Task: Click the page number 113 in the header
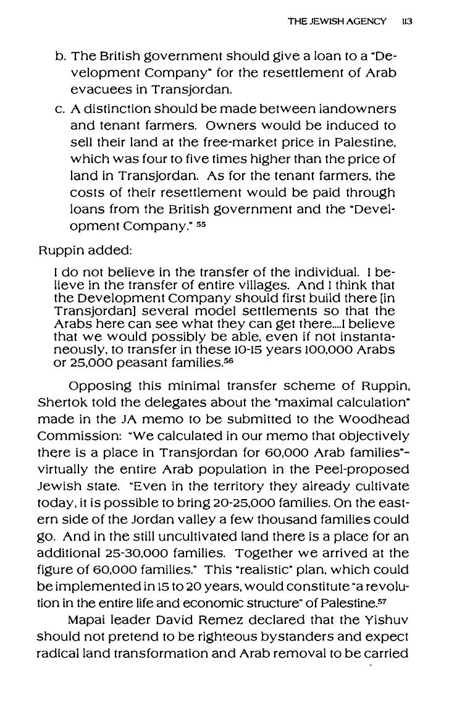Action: coord(406,21)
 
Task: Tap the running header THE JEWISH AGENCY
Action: coord(337,21)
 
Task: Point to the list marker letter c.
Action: coord(61,109)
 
